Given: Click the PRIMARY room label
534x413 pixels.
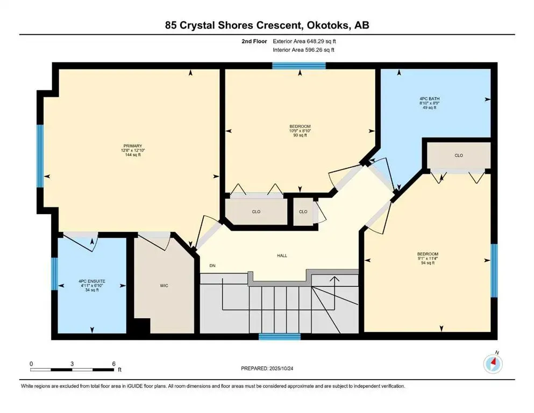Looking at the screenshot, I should pyautogui.click(x=132, y=146).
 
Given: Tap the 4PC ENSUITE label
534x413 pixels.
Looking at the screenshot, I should pyautogui.click(x=92, y=281).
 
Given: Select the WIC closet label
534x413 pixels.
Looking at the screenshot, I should pyautogui.click(x=165, y=286).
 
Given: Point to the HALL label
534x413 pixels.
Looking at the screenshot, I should pyautogui.click(x=281, y=255).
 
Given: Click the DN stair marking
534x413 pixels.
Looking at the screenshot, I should pyautogui.click(x=212, y=265).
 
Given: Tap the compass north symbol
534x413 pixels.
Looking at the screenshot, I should pyautogui.click(x=493, y=364).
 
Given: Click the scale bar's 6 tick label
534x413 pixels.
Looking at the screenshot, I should pyautogui.click(x=114, y=364).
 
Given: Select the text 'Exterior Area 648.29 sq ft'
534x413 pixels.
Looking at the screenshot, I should pyautogui.click(x=305, y=41).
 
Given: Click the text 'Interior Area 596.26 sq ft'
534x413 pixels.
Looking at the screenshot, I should pyautogui.click(x=304, y=50).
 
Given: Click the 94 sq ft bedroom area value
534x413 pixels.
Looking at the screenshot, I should pyautogui.click(x=428, y=264).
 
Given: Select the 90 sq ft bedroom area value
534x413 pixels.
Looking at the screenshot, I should pyautogui.click(x=300, y=136).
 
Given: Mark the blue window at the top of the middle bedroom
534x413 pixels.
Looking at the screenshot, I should pyautogui.click(x=298, y=66).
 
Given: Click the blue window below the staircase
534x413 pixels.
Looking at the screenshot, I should pyautogui.click(x=279, y=337).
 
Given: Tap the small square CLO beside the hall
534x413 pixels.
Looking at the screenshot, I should pyautogui.click(x=303, y=211).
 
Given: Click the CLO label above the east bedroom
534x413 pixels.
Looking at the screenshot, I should pyautogui.click(x=458, y=155).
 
